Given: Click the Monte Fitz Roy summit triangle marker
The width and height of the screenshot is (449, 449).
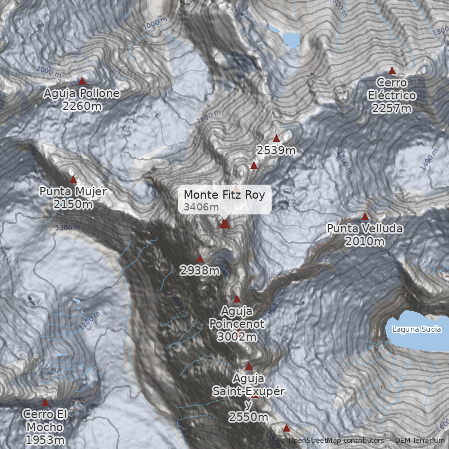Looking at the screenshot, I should coord(224,224).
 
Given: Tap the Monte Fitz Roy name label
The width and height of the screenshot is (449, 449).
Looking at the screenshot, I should coord(224,195).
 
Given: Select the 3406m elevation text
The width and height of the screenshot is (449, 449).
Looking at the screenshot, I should coord(201,207).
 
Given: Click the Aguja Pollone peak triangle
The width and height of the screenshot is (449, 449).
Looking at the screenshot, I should coord(83,81).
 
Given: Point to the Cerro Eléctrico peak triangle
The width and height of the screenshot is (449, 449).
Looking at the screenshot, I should coord(392,71).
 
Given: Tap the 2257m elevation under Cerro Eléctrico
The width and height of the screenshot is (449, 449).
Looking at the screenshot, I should coord(392,108).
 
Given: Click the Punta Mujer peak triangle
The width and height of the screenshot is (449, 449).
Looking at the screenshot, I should coord(73,180).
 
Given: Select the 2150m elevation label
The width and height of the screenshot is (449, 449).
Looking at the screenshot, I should coord(73,204).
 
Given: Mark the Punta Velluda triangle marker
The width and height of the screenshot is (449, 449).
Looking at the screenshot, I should coord(365,216).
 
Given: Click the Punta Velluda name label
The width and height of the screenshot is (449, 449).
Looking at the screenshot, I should coord(365,229).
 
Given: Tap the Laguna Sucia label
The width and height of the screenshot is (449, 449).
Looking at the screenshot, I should coord(416,329).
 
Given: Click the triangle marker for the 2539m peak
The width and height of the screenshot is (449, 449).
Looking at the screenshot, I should coord(276,138).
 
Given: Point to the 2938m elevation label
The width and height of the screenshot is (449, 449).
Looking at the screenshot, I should coord(200,271).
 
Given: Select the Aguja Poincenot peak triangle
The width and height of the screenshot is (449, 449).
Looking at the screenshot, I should coord(237,299).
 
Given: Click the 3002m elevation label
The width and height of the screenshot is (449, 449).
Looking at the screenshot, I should coord(236,337).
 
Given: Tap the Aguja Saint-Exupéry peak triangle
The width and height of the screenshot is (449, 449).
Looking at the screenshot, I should coord(249,366).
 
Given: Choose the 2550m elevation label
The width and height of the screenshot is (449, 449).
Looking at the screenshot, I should coord(248,416).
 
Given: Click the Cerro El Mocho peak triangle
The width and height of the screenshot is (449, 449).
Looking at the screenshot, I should coord(45,402).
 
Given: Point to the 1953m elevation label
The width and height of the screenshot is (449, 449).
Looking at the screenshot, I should coord(45,440).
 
